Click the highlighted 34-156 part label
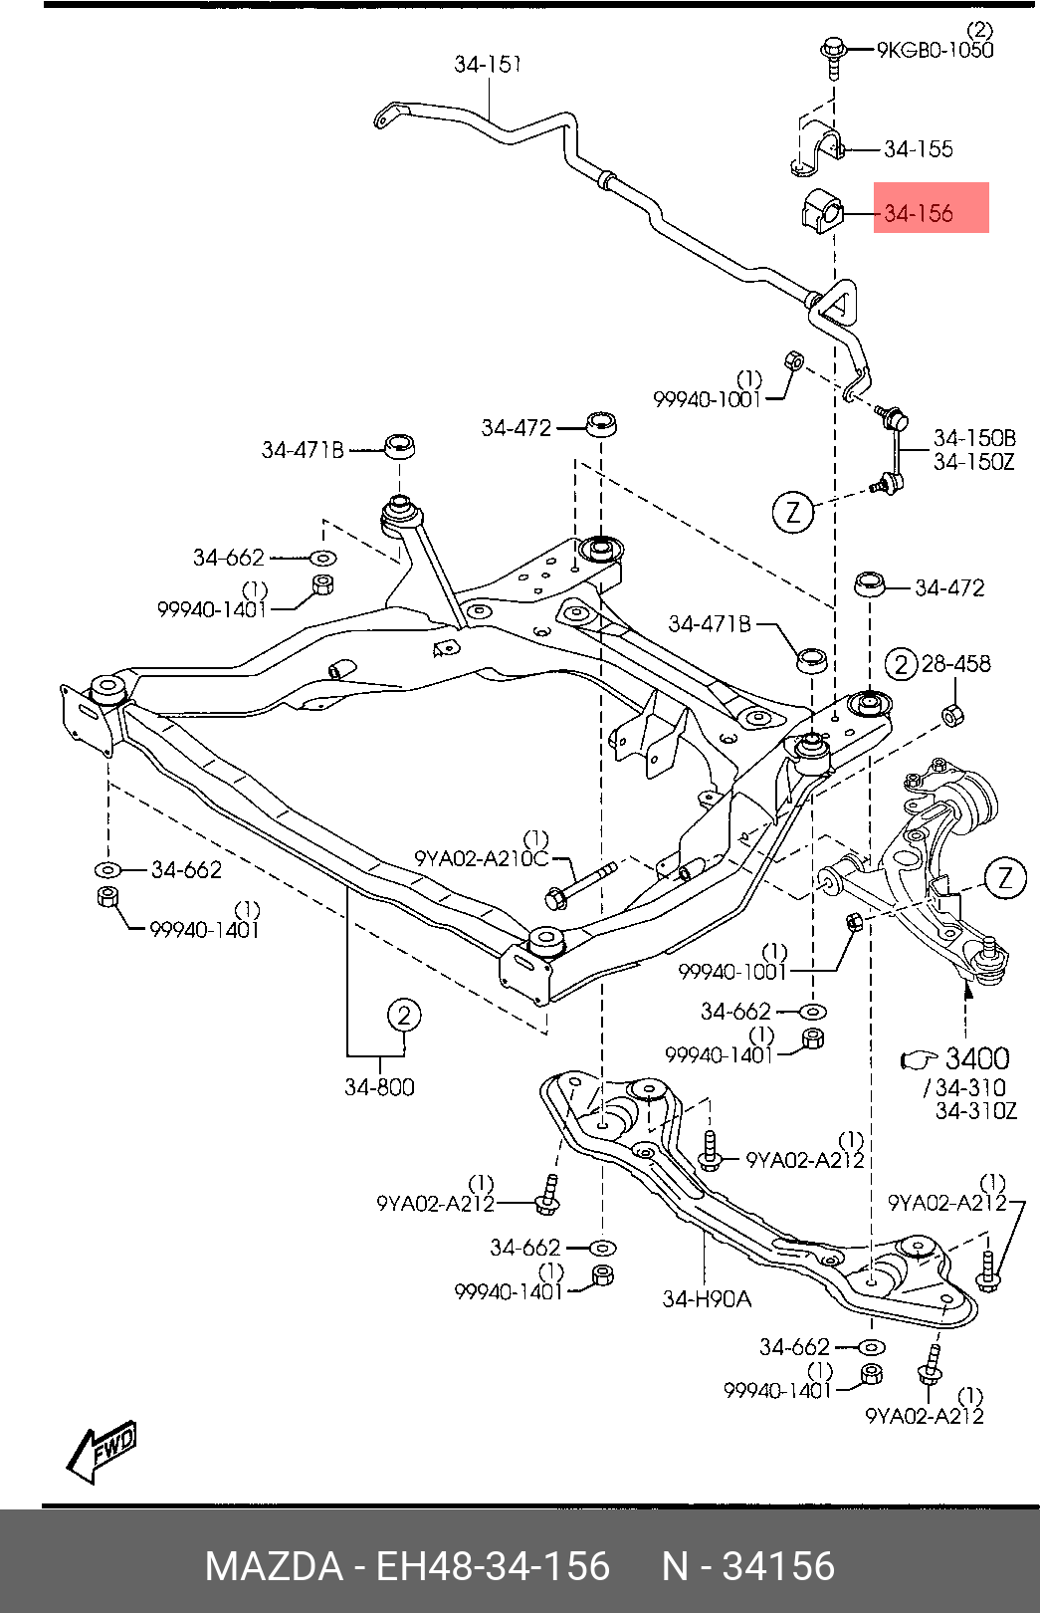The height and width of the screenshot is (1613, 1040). (x=919, y=213)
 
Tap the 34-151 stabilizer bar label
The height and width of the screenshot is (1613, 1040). (x=488, y=64)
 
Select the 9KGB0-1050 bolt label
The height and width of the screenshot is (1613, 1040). (x=935, y=50)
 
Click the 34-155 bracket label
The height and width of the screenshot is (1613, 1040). (x=919, y=149)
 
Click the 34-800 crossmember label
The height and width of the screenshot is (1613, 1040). (x=379, y=1086)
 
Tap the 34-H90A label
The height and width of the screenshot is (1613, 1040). (x=707, y=1298)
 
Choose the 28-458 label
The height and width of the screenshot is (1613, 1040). (x=955, y=664)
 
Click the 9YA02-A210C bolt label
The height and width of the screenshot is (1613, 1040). (x=481, y=858)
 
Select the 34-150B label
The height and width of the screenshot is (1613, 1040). (x=974, y=438)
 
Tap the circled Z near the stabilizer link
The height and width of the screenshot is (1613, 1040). (x=793, y=512)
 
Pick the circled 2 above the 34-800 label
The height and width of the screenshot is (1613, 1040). (x=404, y=1016)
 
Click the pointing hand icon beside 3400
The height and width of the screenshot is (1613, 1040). (x=920, y=1058)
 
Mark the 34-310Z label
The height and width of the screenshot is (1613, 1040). (x=976, y=1111)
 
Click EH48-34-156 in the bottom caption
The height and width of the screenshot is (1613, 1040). (x=494, y=1566)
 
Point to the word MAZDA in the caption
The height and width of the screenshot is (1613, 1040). (x=275, y=1566)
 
